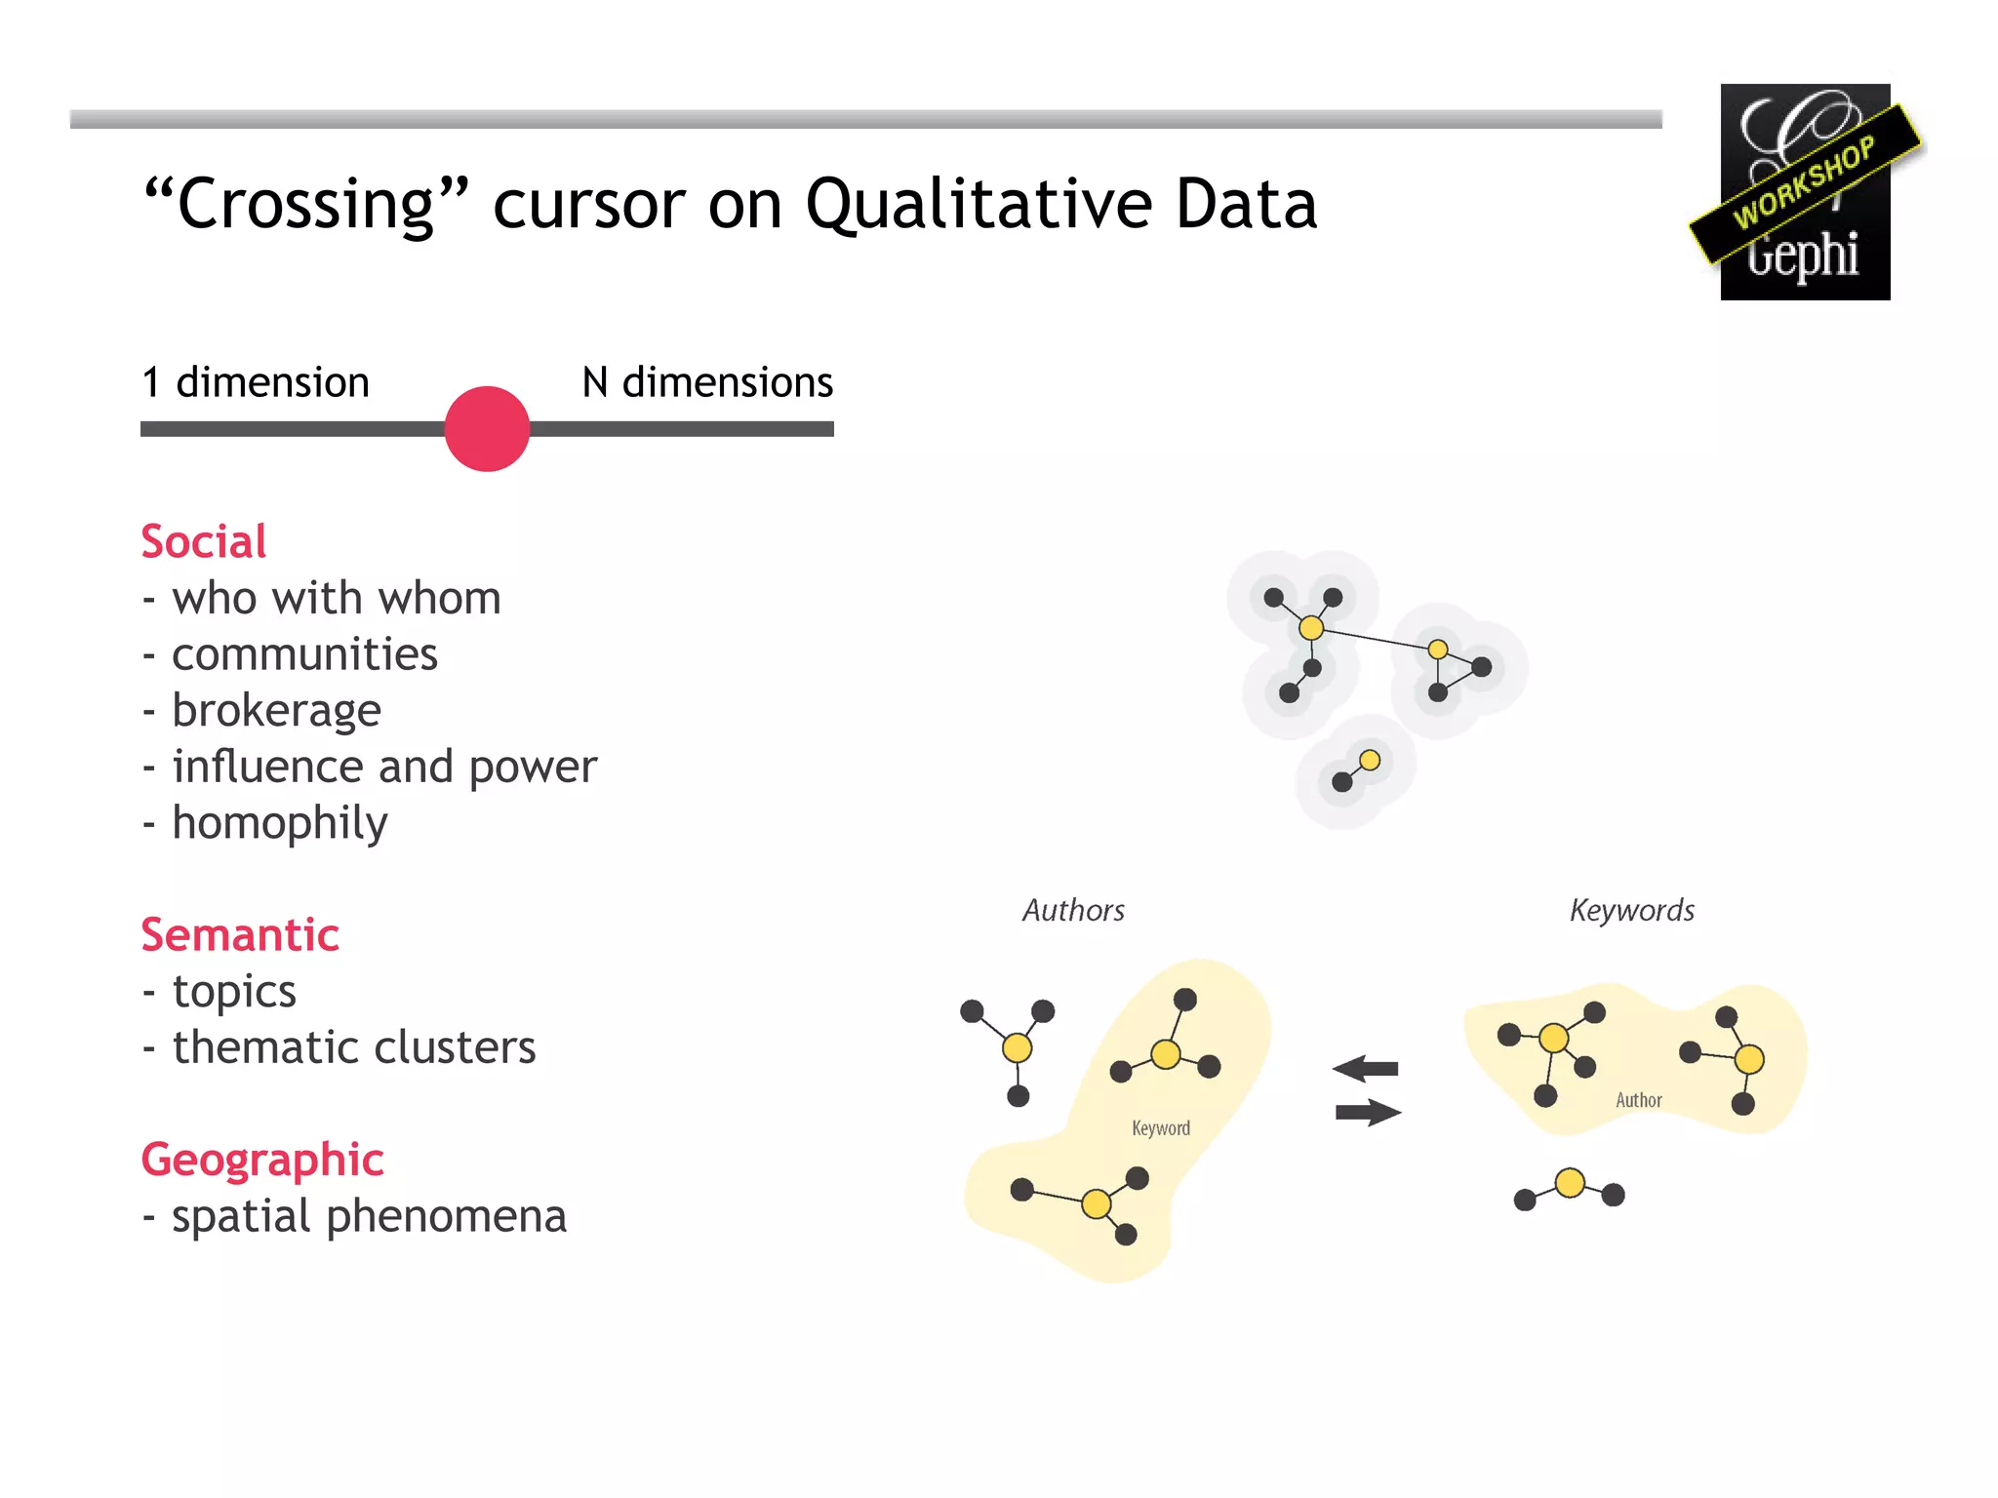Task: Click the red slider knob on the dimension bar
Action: (x=487, y=429)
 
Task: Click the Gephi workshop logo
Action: (x=1805, y=192)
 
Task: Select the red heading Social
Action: (x=203, y=541)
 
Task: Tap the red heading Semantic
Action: (x=240, y=934)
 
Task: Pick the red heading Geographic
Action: (x=262, y=1160)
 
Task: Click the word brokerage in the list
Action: (x=276, y=710)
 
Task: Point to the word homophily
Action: (x=279, y=823)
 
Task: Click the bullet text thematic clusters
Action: (x=353, y=1047)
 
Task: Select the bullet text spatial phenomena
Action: (x=369, y=1216)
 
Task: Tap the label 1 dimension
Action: (x=256, y=382)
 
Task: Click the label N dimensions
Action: (x=707, y=382)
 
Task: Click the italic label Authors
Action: (x=1073, y=910)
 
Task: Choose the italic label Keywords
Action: (x=1631, y=910)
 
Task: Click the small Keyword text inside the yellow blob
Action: (x=1160, y=1128)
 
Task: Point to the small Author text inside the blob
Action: (x=1638, y=1100)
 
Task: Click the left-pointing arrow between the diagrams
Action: (x=1365, y=1069)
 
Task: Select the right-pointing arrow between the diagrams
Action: (x=1368, y=1112)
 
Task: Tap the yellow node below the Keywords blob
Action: (x=1570, y=1183)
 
